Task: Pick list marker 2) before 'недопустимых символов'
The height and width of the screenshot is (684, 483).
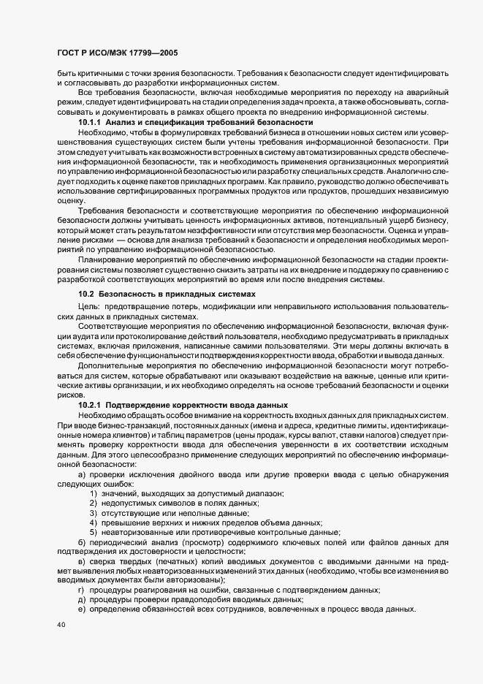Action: [x=94, y=504]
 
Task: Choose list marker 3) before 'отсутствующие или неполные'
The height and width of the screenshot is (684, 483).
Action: [x=94, y=514]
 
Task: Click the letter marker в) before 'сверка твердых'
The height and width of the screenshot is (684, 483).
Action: [x=82, y=561]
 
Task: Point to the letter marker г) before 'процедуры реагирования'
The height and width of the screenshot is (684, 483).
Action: [x=82, y=590]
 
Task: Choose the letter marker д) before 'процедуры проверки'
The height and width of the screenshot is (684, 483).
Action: [x=82, y=599]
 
